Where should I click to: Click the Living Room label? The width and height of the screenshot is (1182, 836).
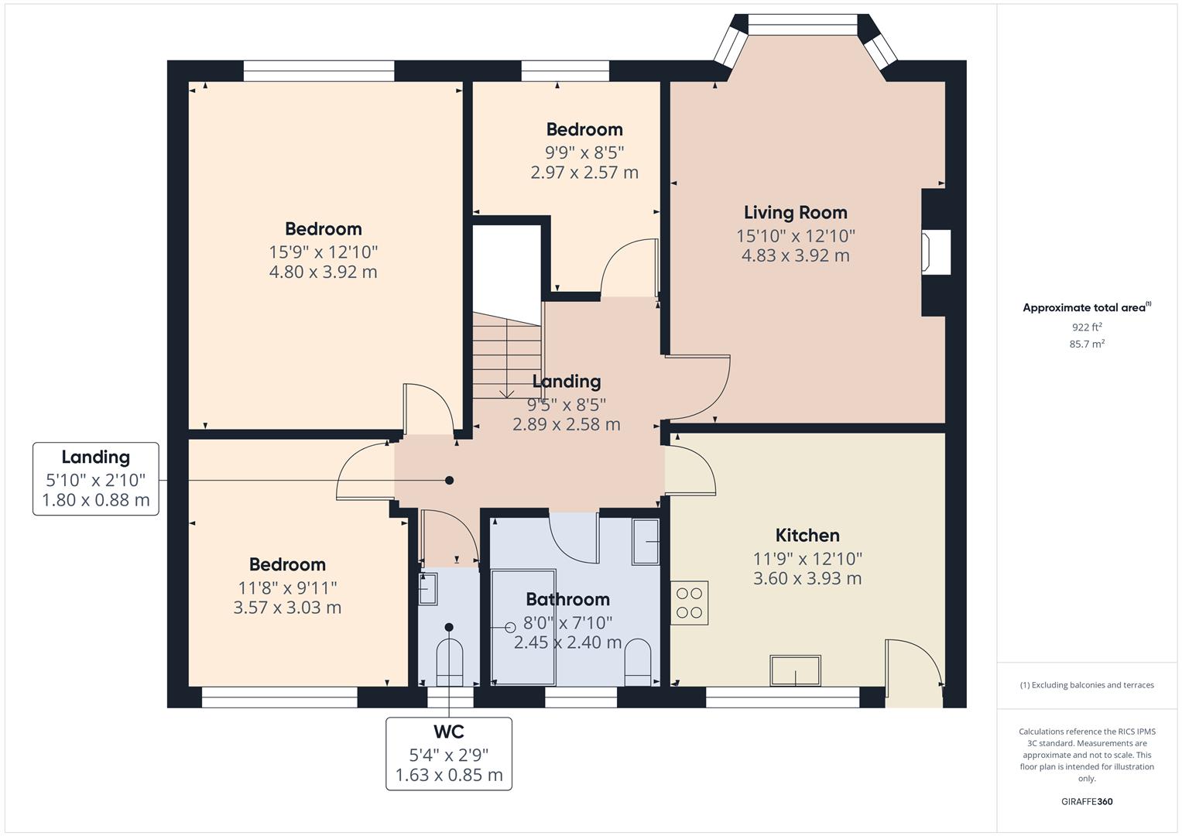click(795, 213)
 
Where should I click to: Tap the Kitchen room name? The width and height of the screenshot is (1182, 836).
click(807, 536)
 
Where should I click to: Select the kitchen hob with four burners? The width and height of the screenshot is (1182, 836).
click(689, 603)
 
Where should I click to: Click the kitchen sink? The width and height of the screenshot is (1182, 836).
click(795, 670)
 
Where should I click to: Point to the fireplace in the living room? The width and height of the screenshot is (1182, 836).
click(936, 252)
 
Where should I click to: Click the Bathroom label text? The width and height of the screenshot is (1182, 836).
click(568, 600)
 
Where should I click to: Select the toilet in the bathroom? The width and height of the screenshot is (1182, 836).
click(638, 663)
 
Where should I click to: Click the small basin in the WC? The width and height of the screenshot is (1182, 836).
click(427, 589)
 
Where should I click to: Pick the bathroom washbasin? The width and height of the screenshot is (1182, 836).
click(646, 542)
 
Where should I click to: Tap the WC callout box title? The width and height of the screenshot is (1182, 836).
click(448, 732)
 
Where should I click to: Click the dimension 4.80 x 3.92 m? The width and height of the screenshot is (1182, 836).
click(323, 272)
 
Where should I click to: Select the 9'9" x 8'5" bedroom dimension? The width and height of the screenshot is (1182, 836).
click(584, 153)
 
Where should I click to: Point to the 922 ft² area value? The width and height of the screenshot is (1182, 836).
click(1087, 327)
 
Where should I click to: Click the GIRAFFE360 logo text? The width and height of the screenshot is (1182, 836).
click(1087, 802)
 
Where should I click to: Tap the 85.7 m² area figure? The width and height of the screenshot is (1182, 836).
click(1087, 344)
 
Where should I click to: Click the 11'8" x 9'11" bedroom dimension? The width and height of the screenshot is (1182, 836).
click(287, 588)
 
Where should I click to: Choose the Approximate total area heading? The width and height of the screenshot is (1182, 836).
click(1087, 308)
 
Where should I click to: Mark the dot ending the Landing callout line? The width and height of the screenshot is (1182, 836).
click(449, 480)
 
